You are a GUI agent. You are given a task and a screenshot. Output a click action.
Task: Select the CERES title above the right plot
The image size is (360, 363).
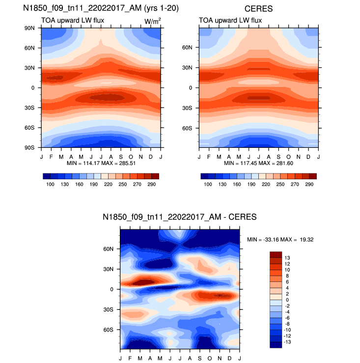point(259,8)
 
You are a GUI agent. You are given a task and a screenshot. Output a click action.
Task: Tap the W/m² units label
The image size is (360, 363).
point(151,20)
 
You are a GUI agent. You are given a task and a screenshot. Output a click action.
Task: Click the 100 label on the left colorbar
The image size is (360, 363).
point(50,183)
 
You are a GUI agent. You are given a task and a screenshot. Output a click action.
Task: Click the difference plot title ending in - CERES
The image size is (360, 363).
point(180,217)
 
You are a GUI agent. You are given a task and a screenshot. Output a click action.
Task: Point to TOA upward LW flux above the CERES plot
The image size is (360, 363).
point(227,20)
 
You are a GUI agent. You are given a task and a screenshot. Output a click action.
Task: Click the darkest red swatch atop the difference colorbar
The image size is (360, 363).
point(276,254)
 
